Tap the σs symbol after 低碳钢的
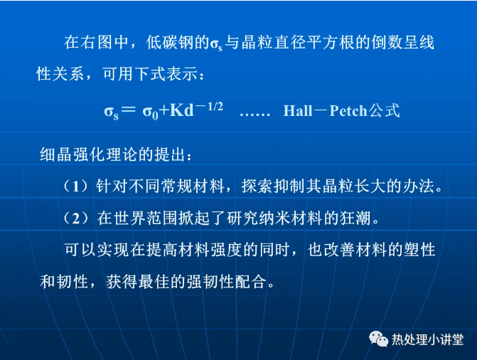pos(216,44)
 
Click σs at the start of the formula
pos(112,112)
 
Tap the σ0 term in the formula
pos(151,112)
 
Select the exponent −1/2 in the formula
pos(209,107)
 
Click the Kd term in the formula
pos(181,110)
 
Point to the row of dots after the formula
pos(255,115)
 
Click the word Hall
pos(298,110)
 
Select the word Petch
pos(348,110)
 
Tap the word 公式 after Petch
pos(384,110)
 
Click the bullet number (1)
pos(76,186)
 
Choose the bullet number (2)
pos(76,218)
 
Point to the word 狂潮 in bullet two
pos(355,218)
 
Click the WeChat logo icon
pos(378,339)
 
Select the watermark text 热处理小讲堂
pos(428,339)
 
